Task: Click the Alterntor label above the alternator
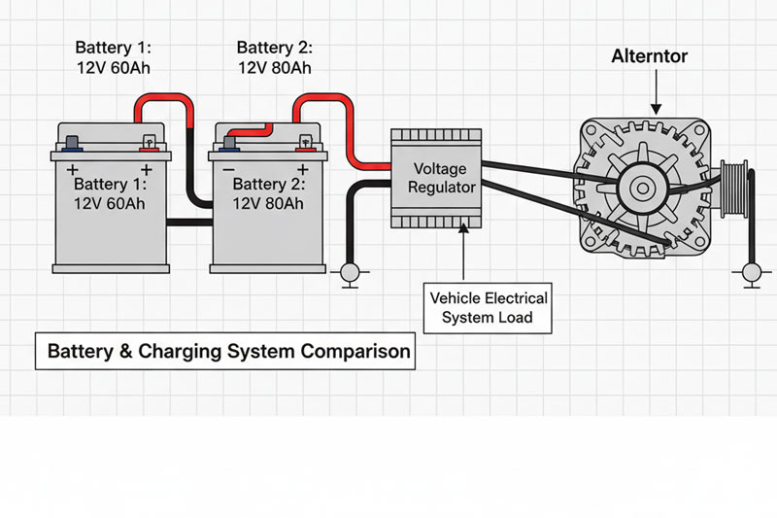click(650, 56)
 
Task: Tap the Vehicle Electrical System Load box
click(489, 306)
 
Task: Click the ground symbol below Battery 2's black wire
click(350, 274)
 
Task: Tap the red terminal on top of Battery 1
click(150, 144)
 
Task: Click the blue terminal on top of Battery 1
click(72, 145)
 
